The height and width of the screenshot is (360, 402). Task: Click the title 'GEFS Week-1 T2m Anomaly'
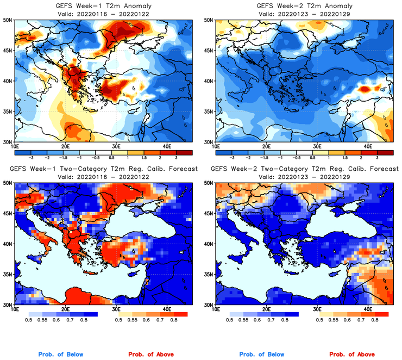coord(103,6)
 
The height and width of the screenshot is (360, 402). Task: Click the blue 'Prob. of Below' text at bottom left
coord(61,354)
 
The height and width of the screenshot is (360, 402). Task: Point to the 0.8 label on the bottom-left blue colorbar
coord(84,320)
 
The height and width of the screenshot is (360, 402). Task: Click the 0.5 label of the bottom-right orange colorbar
coord(320,320)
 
